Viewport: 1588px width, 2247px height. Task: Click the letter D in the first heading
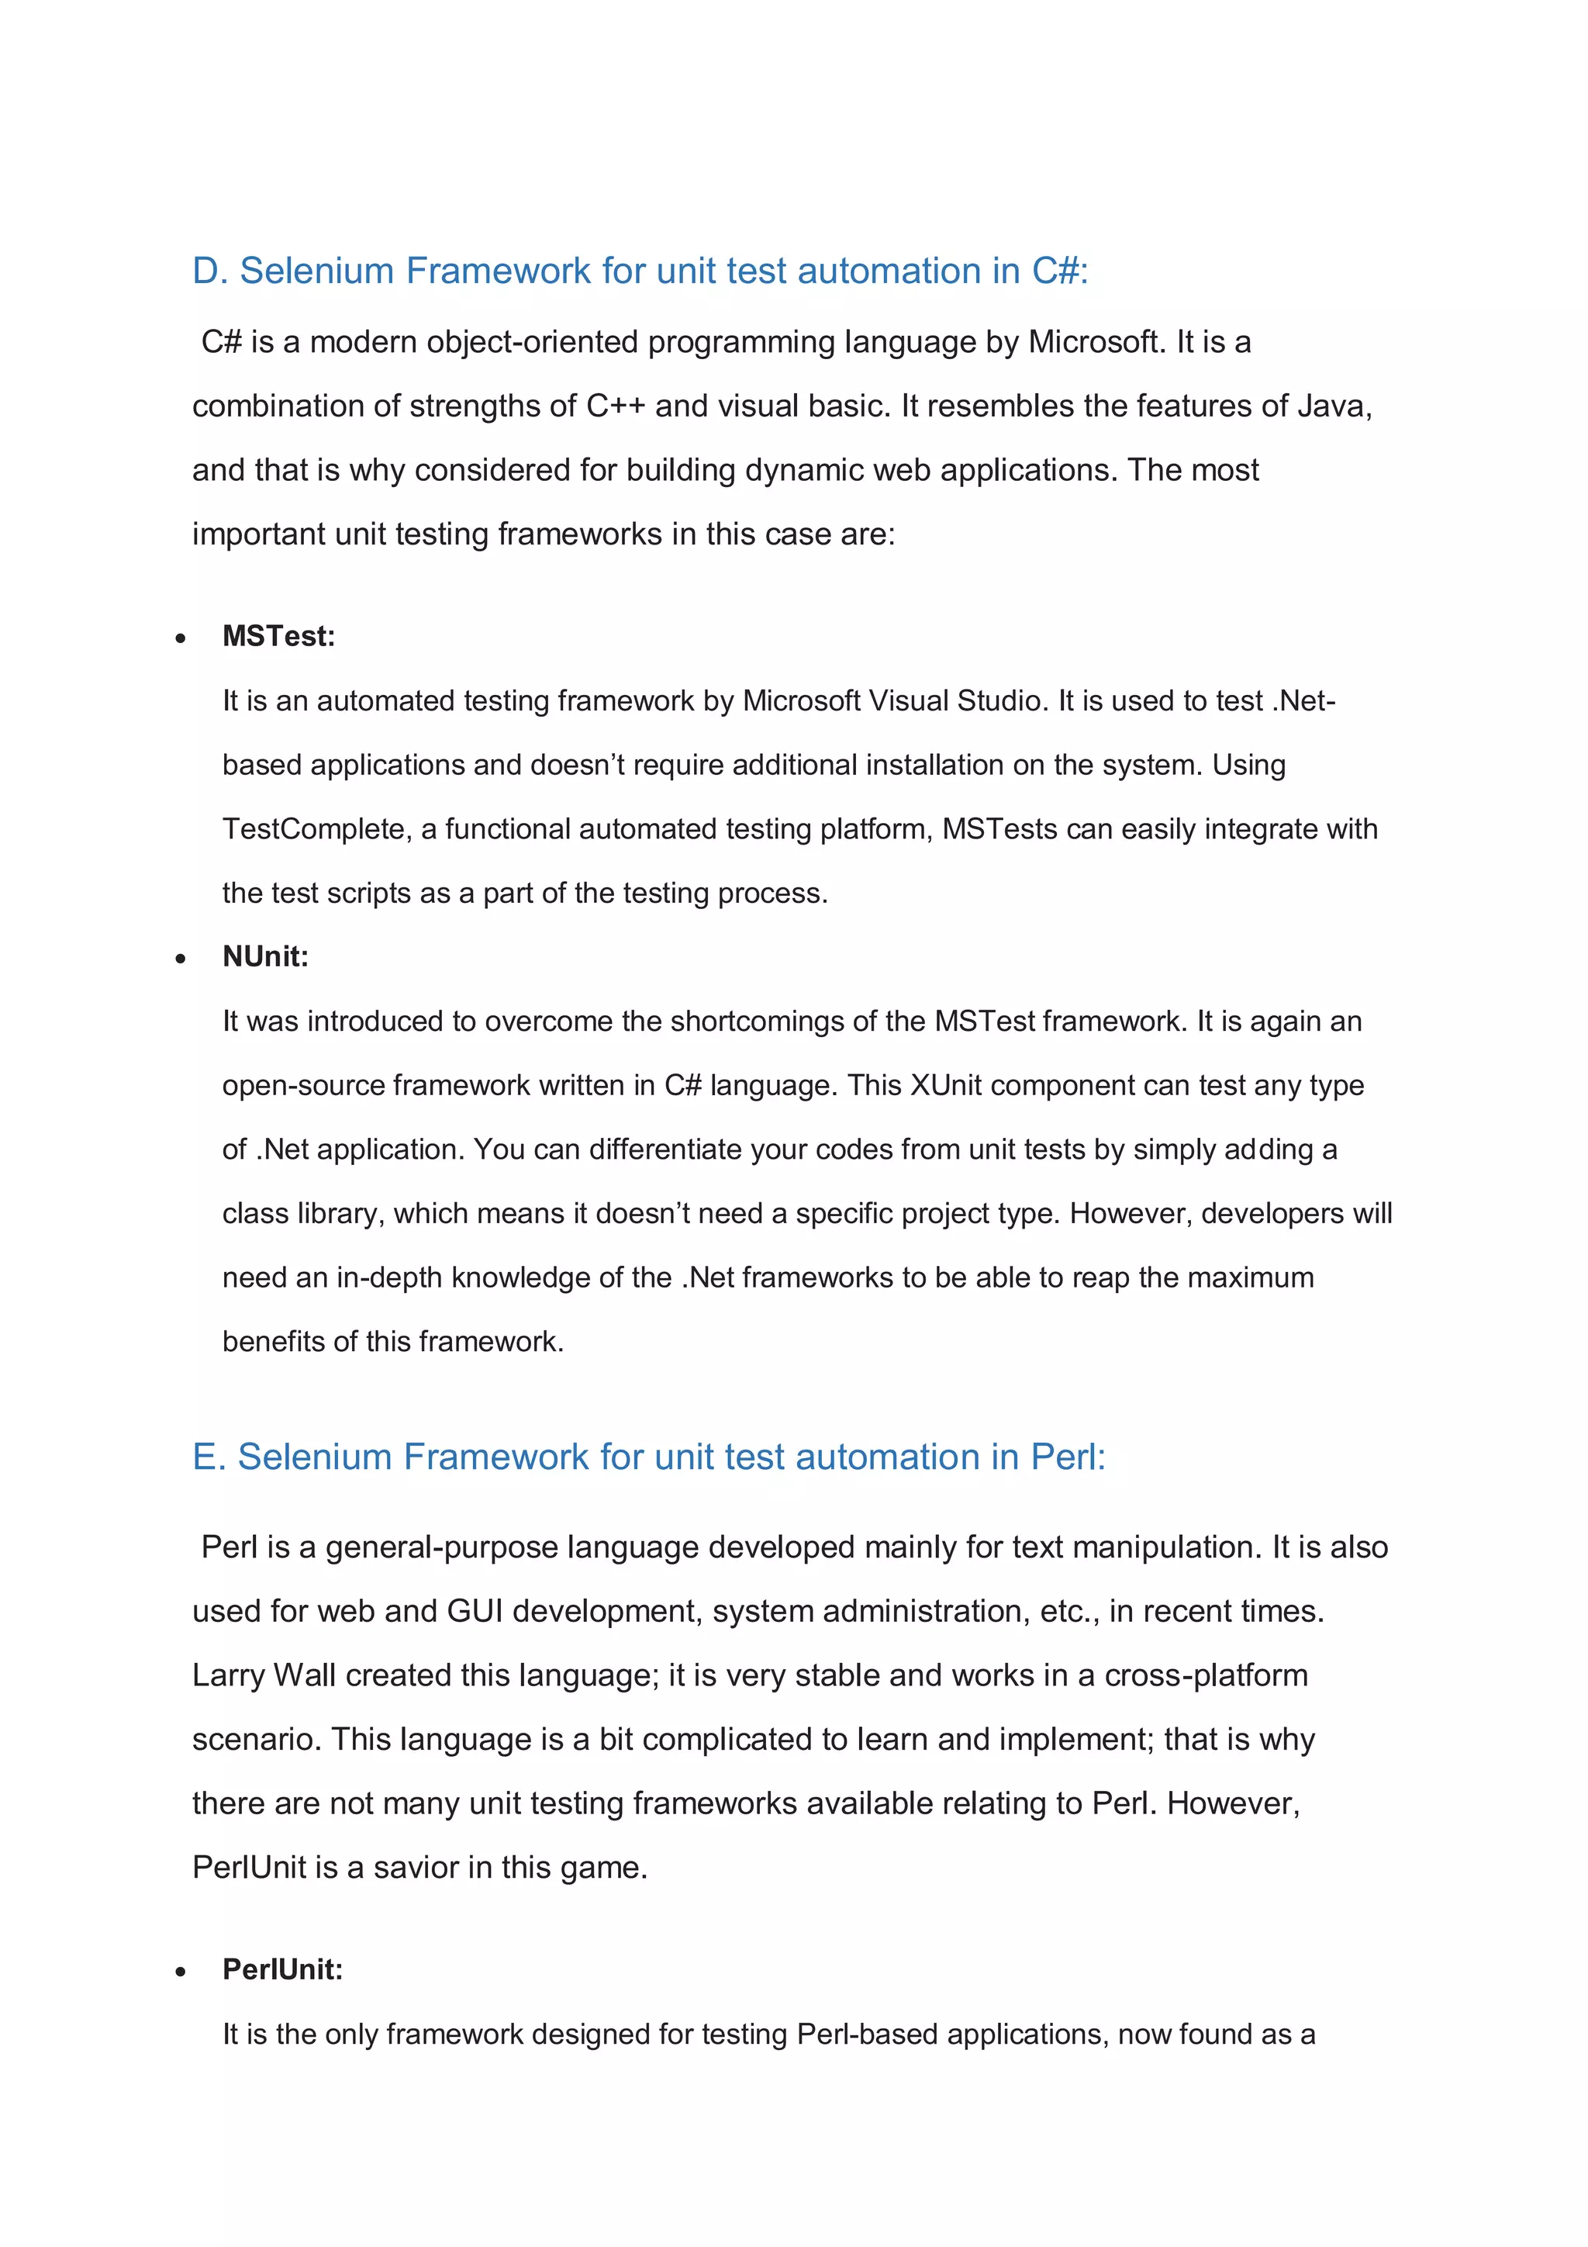[205, 271]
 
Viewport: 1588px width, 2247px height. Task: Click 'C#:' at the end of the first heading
[1060, 271]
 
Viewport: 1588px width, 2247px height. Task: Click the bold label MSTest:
[279, 637]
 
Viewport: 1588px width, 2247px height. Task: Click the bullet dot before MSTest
[180, 639]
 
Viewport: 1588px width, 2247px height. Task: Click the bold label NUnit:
[265, 957]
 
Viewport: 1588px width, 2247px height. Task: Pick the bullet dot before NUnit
[180, 959]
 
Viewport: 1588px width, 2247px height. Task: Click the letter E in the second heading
[205, 1457]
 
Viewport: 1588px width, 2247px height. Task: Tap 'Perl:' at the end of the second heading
[1068, 1457]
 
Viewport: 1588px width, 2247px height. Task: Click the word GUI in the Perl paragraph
[475, 1612]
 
